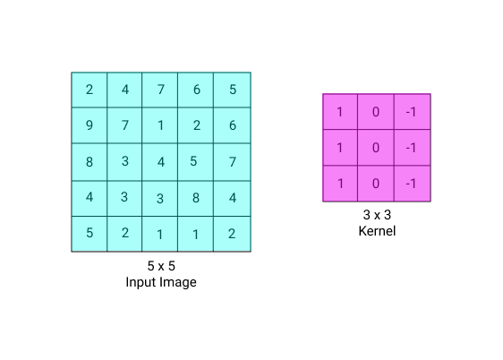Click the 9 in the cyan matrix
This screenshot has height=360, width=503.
[90, 125]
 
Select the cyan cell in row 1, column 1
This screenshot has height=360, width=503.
[90, 90]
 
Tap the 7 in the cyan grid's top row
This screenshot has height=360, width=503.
[161, 90]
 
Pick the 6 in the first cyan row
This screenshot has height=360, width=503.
[197, 90]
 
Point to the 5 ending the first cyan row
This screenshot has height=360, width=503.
[233, 90]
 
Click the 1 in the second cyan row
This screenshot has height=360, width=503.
[161, 125]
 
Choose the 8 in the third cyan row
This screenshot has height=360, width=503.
[90, 162]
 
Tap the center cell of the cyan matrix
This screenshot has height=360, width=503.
[161, 163]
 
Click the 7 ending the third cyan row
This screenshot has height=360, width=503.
[233, 162]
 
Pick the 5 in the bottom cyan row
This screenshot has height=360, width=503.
[90, 233]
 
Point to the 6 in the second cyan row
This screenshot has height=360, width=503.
[233, 125]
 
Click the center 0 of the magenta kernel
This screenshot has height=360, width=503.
[376, 148]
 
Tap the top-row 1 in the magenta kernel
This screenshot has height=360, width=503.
[340, 112]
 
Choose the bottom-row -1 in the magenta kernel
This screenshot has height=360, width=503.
[412, 184]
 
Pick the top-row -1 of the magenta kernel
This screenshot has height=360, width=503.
[412, 112]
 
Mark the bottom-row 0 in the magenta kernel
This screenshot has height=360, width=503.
[376, 184]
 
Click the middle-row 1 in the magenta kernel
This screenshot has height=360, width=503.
[340, 148]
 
